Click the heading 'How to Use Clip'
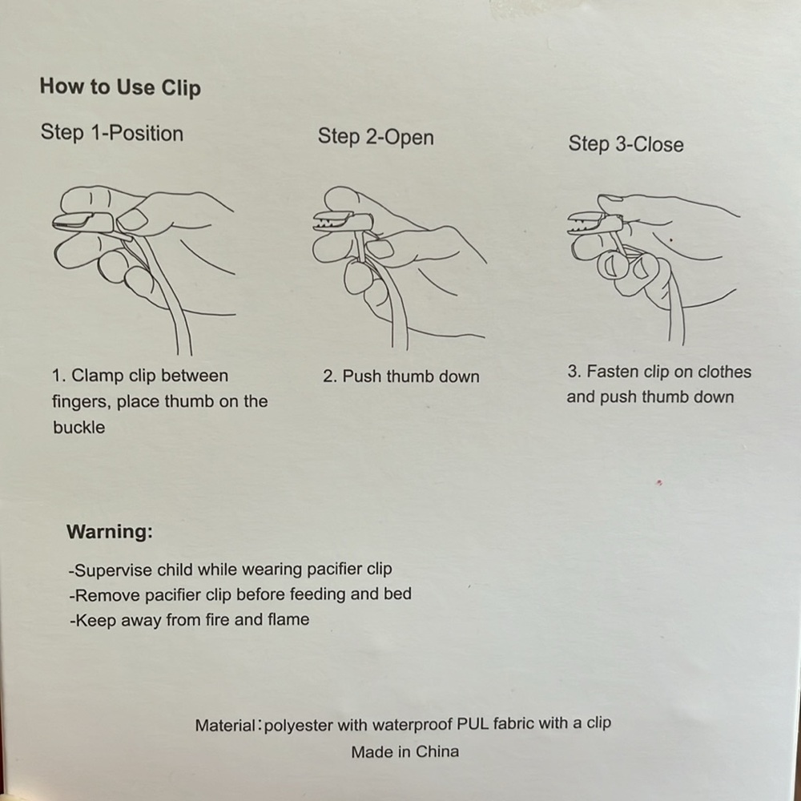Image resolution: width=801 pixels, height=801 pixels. (x=120, y=87)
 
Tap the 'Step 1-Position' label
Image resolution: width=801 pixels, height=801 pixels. (x=112, y=133)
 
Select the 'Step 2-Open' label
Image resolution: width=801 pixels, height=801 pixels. (x=376, y=137)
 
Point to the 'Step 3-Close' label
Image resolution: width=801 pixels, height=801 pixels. (x=626, y=144)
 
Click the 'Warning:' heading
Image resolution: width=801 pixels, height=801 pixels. (x=109, y=532)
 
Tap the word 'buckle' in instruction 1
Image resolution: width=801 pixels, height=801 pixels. (x=78, y=427)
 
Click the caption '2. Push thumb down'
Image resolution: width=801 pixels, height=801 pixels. (x=401, y=376)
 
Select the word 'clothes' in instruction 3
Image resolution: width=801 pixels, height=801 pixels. (x=724, y=372)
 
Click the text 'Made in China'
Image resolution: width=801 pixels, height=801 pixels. (x=405, y=751)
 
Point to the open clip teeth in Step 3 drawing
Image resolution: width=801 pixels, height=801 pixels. (x=587, y=223)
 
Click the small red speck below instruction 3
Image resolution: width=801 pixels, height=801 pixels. (x=659, y=481)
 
